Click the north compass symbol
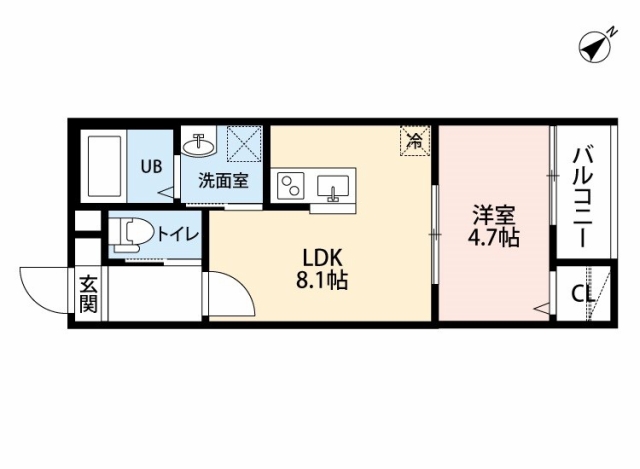pyautogui.click(x=595, y=48)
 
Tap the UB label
pyautogui.click(x=151, y=166)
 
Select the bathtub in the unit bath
pyautogui.click(x=104, y=166)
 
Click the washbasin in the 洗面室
pyautogui.click(x=198, y=145)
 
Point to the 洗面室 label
pyautogui.click(x=224, y=180)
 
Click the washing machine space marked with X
pyautogui.click(x=244, y=143)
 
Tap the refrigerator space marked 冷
pyautogui.click(x=416, y=140)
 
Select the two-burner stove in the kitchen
pyautogui.click(x=291, y=186)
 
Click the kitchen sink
pyautogui.click(x=333, y=188)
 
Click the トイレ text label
pyautogui.click(x=178, y=234)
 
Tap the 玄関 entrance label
pyautogui.click(x=88, y=293)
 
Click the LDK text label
pyautogui.click(x=322, y=258)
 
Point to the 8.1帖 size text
pyautogui.click(x=322, y=280)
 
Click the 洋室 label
pyautogui.click(x=493, y=215)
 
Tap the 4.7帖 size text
pyautogui.click(x=493, y=237)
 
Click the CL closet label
pyautogui.click(x=582, y=293)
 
